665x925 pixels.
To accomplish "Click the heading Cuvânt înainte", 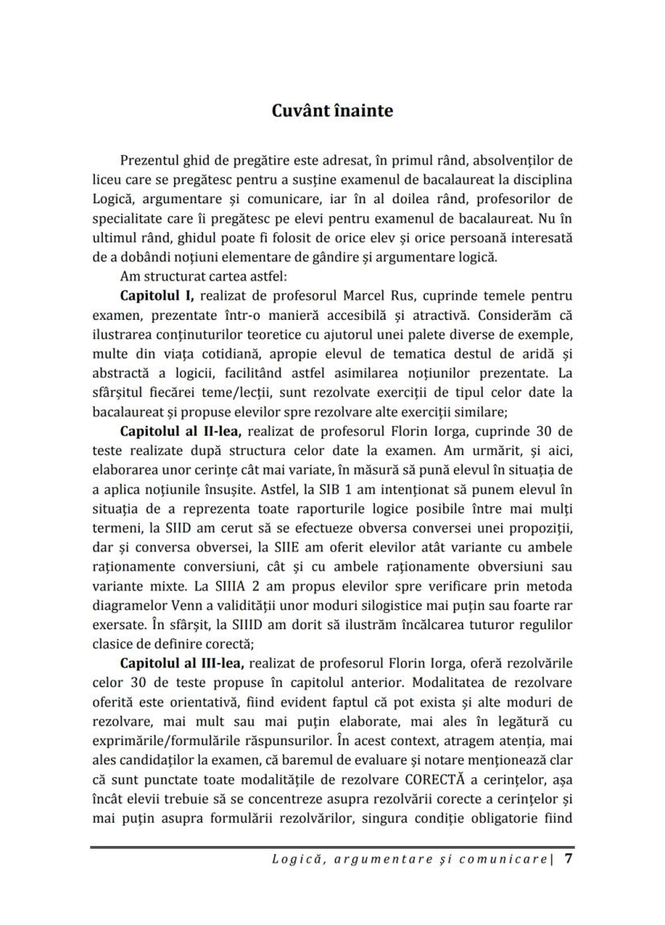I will [332, 111].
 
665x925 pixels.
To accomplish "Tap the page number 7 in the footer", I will [569, 858].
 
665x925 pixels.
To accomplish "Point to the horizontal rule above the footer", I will [332, 846].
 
